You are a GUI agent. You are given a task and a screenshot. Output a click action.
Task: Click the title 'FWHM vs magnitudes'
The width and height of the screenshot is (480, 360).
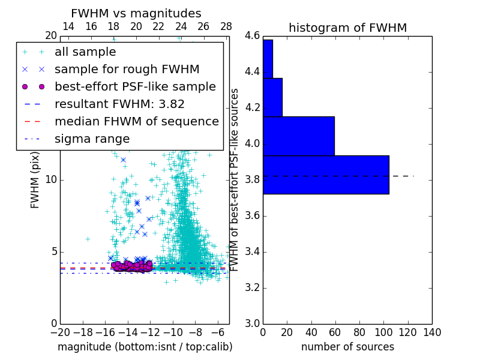coord(136,13)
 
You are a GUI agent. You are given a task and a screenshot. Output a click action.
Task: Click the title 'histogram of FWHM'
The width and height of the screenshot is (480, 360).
coord(347,28)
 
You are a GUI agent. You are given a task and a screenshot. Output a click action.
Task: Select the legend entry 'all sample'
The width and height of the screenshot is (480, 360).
coord(85,52)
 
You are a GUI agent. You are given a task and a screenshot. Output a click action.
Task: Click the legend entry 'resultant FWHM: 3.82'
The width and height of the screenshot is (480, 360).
coord(119,104)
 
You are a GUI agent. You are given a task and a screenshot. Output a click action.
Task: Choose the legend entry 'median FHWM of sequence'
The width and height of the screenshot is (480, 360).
coord(137,121)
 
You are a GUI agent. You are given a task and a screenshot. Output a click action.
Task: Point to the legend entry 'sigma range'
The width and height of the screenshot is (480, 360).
coord(92,139)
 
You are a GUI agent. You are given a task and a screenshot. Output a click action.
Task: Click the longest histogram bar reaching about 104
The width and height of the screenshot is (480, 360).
coord(326,175)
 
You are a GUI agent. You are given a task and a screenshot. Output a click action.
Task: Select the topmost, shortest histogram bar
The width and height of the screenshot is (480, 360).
coord(268,59)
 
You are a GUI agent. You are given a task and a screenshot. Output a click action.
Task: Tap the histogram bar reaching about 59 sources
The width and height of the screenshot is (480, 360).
coord(299,136)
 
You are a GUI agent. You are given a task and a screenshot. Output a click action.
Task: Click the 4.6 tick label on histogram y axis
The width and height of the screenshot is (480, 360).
coord(252,36)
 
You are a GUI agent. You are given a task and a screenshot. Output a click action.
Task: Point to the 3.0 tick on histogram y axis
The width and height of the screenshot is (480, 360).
coord(252,323)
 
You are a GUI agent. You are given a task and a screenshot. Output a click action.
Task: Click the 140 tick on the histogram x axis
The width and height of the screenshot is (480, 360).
coord(432,332)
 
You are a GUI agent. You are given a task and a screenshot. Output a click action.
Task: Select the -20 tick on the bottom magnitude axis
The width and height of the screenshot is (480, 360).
coord(60,332)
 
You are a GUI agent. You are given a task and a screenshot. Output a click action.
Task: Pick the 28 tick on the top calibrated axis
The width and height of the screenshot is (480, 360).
coord(226,27)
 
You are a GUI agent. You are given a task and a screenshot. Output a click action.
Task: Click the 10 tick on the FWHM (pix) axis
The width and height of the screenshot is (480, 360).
coord(51,179)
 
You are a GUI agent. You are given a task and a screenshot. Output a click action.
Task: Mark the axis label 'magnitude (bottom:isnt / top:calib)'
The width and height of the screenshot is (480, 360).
coord(145,347)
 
